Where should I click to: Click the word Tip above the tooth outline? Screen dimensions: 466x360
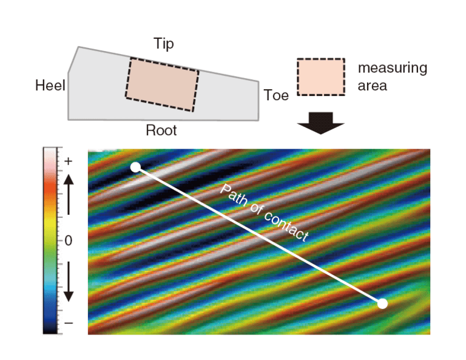164,44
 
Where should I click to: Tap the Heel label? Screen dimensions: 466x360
50,86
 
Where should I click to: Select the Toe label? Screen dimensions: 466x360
276,95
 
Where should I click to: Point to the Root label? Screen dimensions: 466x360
161,130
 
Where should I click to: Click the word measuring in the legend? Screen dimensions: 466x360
393,69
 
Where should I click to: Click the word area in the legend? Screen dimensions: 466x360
373,86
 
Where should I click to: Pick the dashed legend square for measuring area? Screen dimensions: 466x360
321,76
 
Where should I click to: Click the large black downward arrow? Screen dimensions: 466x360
320,123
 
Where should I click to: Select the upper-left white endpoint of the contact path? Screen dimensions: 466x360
135,167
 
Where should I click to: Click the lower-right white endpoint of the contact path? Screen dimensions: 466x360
382,304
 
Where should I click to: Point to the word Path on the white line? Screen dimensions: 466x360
234,195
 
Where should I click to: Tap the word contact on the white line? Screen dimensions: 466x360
286,227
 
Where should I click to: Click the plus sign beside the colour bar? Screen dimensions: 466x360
69,161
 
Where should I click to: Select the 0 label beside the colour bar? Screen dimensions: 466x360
69,240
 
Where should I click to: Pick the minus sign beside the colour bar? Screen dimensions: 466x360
69,323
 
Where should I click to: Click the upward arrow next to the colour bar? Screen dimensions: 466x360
69,194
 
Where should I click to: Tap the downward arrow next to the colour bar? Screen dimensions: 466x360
69,282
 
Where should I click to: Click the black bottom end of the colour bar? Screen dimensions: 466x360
50,330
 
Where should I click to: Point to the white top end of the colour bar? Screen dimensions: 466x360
50,152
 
